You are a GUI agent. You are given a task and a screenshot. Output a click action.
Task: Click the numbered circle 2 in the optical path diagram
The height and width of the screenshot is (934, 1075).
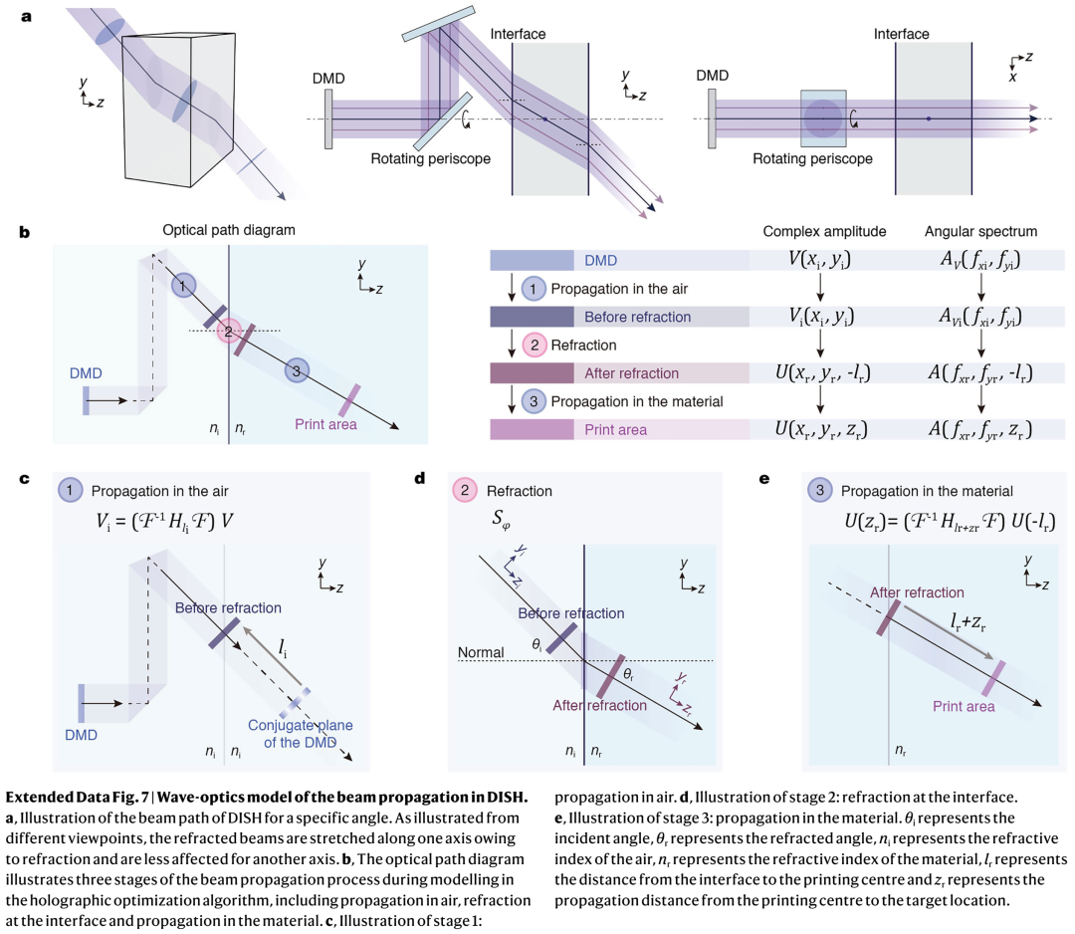point(228,332)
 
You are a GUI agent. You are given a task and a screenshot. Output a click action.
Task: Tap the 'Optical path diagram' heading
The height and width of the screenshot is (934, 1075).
point(229,230)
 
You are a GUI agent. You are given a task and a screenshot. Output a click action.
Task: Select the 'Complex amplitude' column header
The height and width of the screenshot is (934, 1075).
point(824,232)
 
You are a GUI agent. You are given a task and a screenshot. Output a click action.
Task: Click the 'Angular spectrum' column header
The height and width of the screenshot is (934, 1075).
point(980,232)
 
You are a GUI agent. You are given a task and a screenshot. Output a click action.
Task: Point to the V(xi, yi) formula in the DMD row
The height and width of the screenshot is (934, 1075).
point(819,260)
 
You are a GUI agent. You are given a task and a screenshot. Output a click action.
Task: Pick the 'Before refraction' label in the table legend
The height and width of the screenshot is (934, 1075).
point(638,317)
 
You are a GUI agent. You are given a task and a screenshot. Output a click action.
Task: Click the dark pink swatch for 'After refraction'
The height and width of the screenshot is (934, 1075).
point(532,373)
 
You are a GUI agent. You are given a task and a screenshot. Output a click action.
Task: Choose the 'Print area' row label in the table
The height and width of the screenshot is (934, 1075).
point(616,430)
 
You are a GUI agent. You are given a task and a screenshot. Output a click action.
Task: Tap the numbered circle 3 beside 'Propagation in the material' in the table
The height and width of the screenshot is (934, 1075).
point(534,402)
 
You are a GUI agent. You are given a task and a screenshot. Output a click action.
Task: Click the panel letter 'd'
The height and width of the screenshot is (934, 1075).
point(420,478)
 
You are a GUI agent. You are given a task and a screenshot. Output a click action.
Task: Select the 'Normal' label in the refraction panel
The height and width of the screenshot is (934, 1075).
point(481,652)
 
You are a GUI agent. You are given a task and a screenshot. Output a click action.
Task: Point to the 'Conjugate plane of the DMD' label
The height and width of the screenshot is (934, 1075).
point(301,734)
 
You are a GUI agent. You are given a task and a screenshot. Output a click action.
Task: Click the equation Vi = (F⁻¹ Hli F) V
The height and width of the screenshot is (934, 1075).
point(164,522)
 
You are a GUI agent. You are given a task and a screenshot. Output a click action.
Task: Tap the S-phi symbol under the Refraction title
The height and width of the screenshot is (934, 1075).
point(501,519)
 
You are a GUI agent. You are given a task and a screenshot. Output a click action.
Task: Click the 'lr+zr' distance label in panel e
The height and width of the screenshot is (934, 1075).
point(968,622)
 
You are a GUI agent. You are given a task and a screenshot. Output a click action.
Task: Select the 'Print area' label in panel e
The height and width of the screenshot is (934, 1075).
point(964,706)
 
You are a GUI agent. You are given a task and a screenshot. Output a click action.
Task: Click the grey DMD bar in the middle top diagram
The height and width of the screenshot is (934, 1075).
point(329,118)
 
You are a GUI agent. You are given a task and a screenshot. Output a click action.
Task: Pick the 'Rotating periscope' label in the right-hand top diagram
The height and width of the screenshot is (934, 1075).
point(812,159)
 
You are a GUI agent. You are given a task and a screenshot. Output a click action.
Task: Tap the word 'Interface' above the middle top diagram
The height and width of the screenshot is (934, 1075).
point(518,34)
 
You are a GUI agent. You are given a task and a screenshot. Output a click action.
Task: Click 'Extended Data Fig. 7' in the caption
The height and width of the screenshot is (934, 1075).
point(77,797)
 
